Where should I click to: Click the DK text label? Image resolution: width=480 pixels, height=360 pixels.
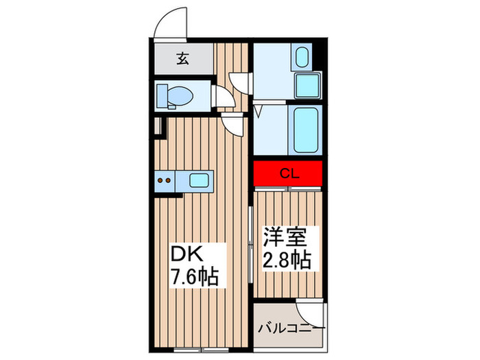pos(186,255)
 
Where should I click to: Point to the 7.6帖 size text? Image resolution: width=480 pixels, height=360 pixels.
pos(195,278)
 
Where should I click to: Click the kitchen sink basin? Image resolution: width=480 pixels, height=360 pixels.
pos(200,181)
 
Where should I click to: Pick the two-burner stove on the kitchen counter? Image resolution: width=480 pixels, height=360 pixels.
pos(165,182)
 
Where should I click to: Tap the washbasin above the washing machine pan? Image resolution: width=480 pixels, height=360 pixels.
pos(302,57)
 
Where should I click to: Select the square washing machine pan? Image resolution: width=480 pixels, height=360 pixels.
pos(306,85)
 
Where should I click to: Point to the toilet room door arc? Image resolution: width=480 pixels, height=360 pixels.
pos(223,97)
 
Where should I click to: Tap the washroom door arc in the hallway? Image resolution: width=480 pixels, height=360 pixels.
pos(238,81)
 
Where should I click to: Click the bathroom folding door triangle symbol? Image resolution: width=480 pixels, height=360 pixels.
pos(259,111)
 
